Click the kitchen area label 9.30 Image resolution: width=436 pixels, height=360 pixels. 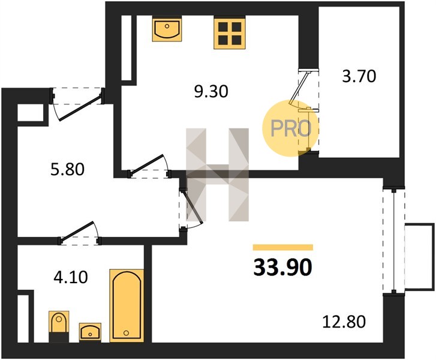point(211,92)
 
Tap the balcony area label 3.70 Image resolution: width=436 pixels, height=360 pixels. point(359,76)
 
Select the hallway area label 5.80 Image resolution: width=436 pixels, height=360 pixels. point(67,169)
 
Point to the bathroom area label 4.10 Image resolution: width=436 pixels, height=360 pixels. point(71,277)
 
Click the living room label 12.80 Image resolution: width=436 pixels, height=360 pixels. point(344,322)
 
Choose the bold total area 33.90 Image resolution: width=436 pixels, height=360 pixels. point(283,268)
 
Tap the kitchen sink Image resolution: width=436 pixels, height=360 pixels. point(167,30)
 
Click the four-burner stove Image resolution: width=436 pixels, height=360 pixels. point(230,34)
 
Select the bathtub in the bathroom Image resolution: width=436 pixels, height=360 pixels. point(127,305)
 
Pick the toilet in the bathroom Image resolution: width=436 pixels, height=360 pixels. point(59,326)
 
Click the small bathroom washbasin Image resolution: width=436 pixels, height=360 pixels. point(90,332)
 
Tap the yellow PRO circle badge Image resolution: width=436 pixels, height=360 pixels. point(291,128)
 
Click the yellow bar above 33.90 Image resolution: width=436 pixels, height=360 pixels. point(283,247)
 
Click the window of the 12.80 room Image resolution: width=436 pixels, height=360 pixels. point(394,241)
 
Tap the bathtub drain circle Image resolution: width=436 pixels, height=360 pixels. point(126,332)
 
